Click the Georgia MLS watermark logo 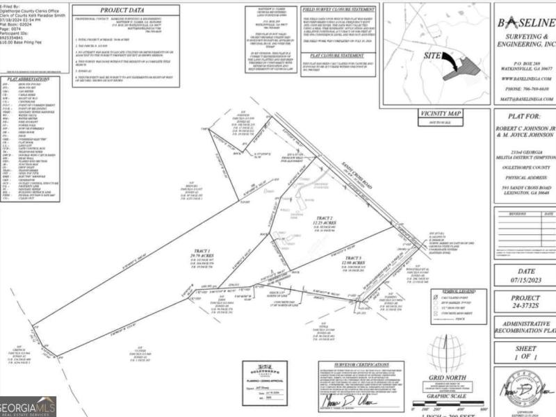28,406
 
